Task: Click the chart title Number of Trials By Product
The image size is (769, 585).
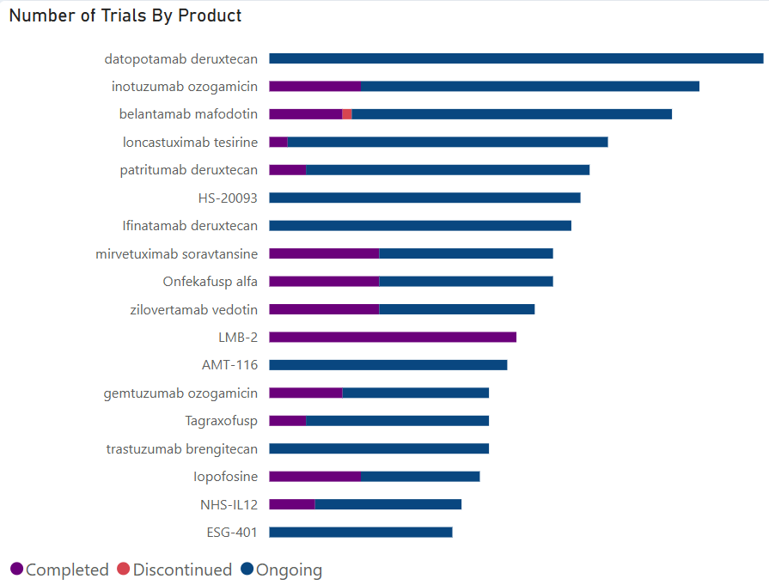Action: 125,15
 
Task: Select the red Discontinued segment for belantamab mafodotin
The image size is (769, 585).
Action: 347,114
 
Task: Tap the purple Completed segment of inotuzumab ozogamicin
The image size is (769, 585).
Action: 314,86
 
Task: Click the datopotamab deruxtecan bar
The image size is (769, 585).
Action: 516,58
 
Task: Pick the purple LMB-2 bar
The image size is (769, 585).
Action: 393,337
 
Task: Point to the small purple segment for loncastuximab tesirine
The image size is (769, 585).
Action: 278,142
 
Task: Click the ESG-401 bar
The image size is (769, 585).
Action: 361,532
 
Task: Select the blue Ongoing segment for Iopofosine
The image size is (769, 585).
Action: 420,476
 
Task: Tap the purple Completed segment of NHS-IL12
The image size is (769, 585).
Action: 292,504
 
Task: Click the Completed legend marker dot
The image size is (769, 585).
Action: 16,569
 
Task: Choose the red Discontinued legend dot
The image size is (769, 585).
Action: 123,569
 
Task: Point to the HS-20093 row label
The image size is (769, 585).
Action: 228,198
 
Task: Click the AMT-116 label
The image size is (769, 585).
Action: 229,365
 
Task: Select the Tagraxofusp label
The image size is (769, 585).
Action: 221,421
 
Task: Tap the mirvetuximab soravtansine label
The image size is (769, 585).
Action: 177,253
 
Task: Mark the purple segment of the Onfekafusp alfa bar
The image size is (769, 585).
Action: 324,281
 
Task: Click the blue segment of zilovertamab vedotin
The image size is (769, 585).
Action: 457,309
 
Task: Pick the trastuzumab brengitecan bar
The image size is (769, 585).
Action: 379,448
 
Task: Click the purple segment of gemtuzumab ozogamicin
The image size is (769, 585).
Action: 306,393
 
